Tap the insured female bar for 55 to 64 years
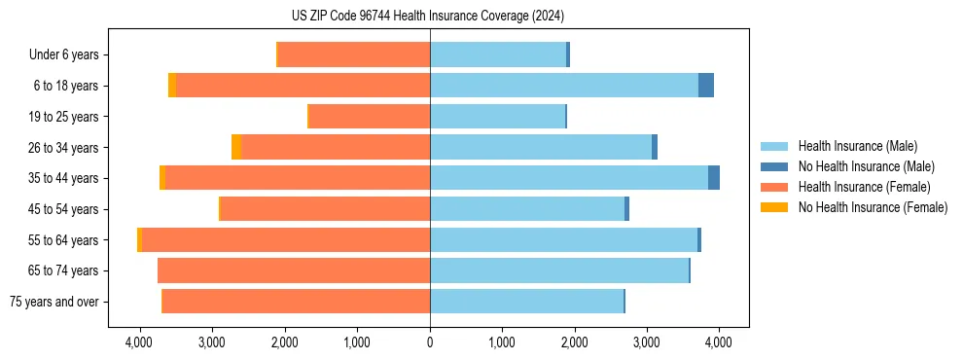(x=286, y=240)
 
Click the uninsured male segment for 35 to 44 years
(x=714, y=178)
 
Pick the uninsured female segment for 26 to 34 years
(x=236, y=147)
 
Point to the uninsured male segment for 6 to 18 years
(x=706, y=86)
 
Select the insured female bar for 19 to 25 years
(x=370, y=117)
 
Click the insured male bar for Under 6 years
(x=498, y=54)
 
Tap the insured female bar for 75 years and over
(x=297, y=302)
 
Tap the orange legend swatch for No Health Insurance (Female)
(x=774, y=207)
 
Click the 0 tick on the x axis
(x=430, y=342)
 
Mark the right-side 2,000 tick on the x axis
(x=574, y=342)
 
